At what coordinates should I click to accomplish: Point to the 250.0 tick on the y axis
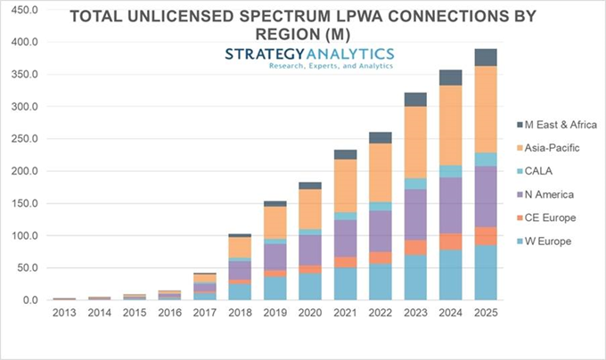pyautogui.click(x=22, y=139)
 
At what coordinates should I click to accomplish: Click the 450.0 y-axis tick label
pyautogui.click(x=22, y=10)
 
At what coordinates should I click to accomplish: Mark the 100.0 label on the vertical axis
pyautogui.click(x=22, y=235)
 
